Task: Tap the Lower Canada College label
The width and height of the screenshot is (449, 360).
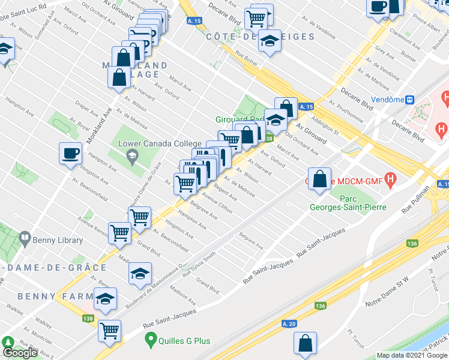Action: pos(160,143)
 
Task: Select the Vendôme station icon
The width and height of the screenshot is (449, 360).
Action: pos(410,100)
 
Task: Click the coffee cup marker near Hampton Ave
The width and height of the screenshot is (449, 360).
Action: pos(70,153)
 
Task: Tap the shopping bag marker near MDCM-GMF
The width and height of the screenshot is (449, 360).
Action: pos(320,178)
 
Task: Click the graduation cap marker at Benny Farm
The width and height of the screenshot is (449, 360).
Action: pos(105,298)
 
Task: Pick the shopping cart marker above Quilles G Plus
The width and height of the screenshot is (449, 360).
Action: pos(110,330)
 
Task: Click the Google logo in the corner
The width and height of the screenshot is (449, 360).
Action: pos(20,353)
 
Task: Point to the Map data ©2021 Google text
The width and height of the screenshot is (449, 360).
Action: pos(411,355)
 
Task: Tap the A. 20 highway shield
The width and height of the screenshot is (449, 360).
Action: pos(289,324)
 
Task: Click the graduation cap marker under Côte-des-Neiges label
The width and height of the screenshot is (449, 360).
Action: pos(270,42)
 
